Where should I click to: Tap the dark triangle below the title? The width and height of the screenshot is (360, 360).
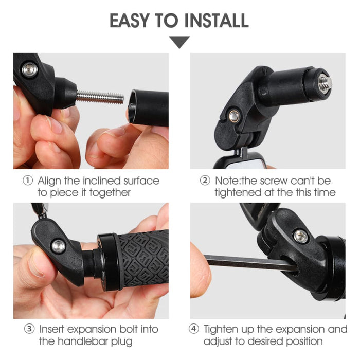click(x=179, y=42)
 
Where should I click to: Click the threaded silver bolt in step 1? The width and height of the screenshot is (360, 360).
click(x=101, y=96)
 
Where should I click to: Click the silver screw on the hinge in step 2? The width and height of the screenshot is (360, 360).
click(x=235, y=116)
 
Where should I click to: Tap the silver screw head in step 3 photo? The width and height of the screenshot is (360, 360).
click(x=58, y=246)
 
